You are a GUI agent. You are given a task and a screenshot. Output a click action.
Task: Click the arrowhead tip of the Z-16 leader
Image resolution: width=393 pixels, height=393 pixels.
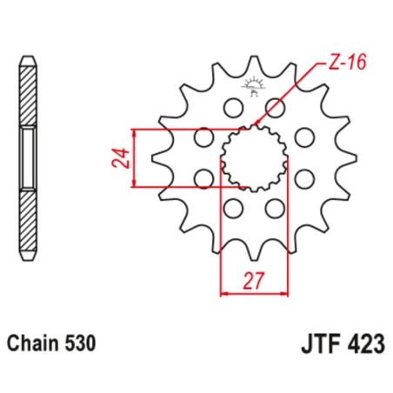pyautogui.click(x=255, y=128)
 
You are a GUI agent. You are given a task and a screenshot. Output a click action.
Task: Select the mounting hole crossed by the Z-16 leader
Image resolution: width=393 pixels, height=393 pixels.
pyautogui.click(x=276, y=107)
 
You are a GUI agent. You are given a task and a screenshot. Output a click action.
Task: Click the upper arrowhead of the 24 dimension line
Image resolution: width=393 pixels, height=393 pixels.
pyautogui.click(x=134, y=131)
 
